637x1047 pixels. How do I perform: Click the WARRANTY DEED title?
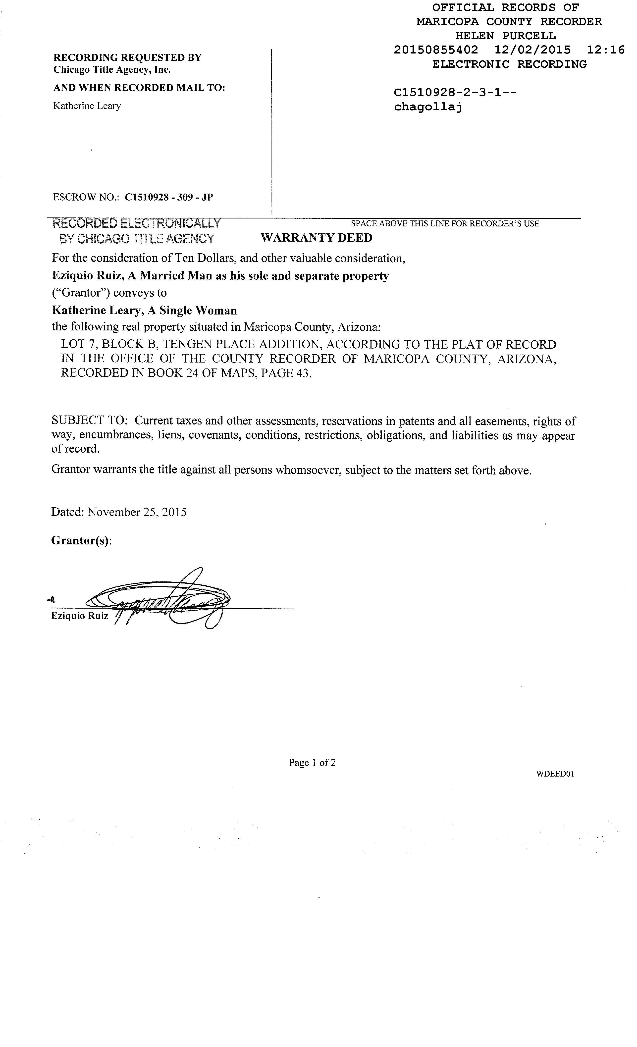click(316, 238)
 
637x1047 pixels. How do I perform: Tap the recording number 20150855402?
click(436, 50)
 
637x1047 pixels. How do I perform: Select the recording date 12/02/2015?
click(532, 50)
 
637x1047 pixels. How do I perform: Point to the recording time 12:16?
click(606, 50)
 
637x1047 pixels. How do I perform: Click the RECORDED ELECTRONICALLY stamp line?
click(136, 223)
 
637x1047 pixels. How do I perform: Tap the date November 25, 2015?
click(137, 512)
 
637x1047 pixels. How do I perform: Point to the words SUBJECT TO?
click(89, 421)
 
